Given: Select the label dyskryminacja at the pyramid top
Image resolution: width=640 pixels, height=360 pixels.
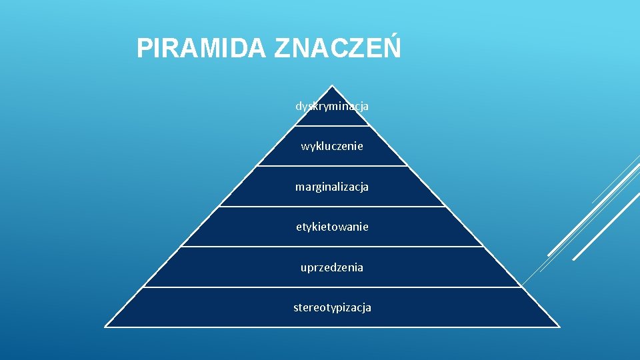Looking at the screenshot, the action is click(x=332, y=106).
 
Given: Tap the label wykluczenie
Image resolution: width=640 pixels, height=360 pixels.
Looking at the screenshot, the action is click(x=332, y=146).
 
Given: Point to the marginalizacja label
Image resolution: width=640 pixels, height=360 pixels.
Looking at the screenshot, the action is click(x=332, y=187).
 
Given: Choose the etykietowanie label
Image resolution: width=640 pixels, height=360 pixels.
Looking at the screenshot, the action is click(x=332, y=227).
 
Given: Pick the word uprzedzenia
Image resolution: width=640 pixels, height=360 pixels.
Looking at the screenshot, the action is click(x=332, y=267).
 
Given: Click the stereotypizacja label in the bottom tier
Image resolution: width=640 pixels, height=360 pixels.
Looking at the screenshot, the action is click(x=332, y=307).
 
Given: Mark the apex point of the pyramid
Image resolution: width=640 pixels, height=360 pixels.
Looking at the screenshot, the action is click(x=332, y=86).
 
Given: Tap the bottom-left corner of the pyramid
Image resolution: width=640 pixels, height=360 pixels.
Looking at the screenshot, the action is click(x=106, y=327).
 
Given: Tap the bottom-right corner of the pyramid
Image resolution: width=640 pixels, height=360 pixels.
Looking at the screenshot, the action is click(x=559, y=327).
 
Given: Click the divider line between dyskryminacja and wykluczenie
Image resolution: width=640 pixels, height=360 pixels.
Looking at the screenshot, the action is click(x=332, y=125).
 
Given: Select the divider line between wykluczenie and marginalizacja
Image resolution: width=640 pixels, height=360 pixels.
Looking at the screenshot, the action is click(x=332, y=166).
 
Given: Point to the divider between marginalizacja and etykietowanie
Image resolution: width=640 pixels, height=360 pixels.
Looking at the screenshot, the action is click(x=332, y=207).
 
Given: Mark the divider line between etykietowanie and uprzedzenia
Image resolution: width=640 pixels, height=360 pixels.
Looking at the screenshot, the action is click(x=332, y=247).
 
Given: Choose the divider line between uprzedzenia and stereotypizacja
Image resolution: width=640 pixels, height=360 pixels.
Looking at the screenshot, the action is click(x=332, y=287).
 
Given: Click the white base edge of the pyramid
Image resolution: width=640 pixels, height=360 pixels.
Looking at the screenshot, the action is click(x=332, y=327).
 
